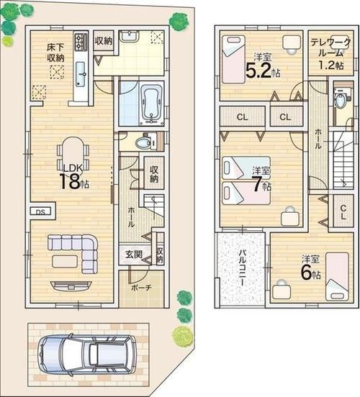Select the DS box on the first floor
[x=40, y=211]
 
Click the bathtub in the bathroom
[x=152, y=104]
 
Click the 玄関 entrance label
[x=134, y=254]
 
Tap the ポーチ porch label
[x=141, y=288]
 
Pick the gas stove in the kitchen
[x=81, y=41]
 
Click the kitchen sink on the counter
[x=81, y=74]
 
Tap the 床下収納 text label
[x=55, y=53]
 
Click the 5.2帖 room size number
[x=263, y=70]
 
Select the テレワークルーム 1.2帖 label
[x=331, y=54]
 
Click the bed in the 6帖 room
[x=337, y=275]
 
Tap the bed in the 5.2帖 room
[x=233, y=59]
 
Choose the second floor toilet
[x=342, y=99]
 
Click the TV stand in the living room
[x=71, y=286]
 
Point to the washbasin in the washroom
[x=129, y=36]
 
